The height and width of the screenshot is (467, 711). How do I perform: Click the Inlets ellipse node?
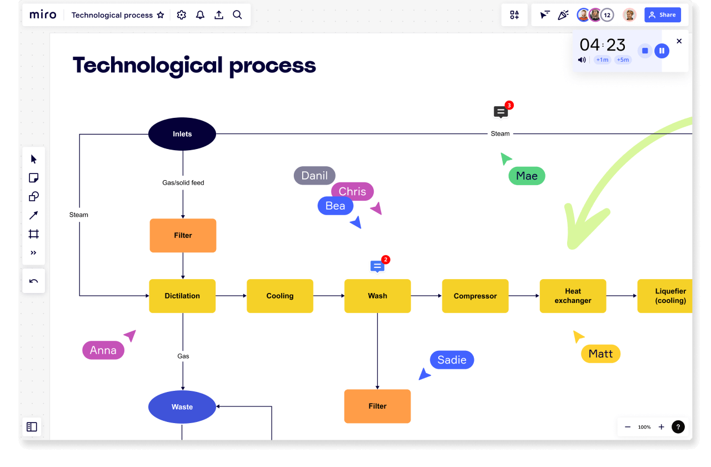[182, 134]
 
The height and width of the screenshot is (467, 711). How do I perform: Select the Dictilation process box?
[182, 296]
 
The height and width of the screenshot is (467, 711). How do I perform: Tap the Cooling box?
[280, 296]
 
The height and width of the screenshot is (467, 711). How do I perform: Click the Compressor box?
[475, 296]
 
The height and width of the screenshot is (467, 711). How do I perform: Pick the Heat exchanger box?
[573, 296]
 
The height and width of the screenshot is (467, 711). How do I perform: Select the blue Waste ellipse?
[182, 407]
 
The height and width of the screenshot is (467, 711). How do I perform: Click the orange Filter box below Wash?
[377, 406]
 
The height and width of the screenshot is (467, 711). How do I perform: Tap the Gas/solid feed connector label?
[183, 182]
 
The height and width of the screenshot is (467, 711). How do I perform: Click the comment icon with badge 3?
[500, 112]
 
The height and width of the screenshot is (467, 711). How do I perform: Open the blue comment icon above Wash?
[377, 266]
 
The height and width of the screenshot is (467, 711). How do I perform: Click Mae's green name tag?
[527, 176]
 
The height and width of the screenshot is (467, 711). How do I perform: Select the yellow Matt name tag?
[600, 354]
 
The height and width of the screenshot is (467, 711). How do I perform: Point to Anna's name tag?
[103, 350]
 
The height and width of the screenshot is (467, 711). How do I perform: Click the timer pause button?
[662, 51]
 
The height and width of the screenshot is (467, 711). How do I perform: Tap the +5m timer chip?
[623, 59]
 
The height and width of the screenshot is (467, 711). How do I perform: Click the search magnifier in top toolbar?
[237, 15]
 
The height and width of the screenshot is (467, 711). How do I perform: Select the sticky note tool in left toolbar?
[33, 178]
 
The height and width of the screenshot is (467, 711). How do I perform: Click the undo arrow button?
[33, 281]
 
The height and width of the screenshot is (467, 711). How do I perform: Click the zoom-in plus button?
[661, 427]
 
